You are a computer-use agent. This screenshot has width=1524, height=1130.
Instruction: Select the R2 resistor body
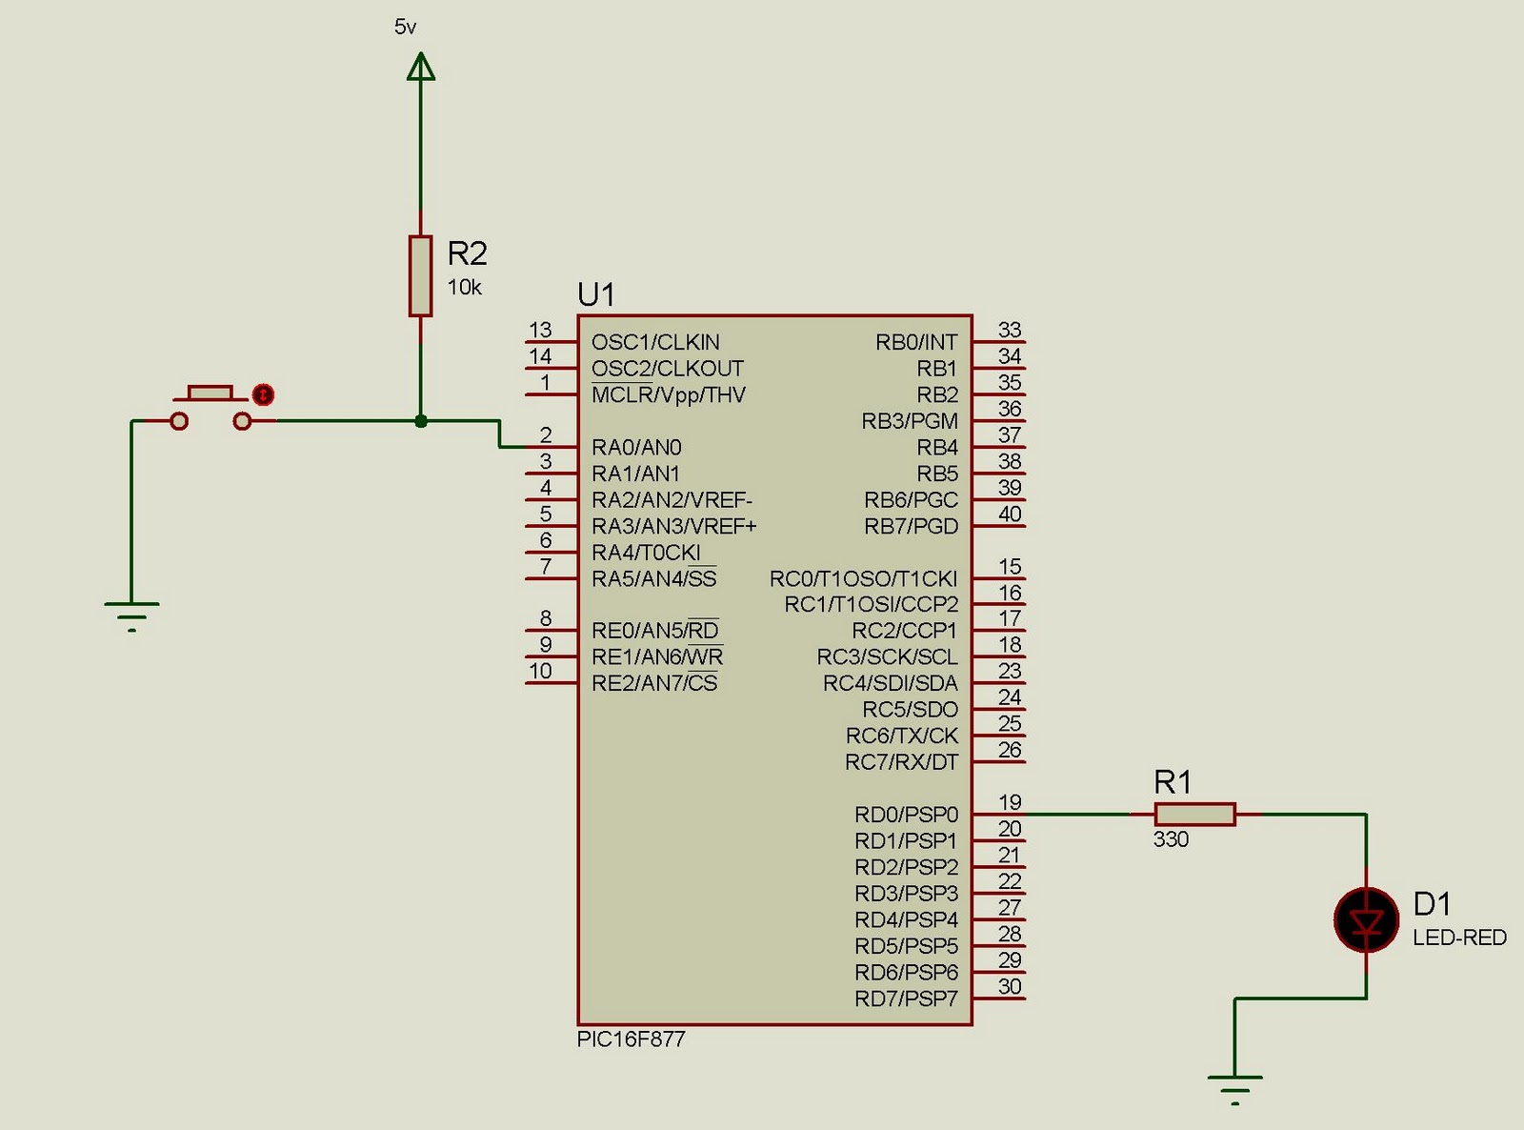[x=420, y=275]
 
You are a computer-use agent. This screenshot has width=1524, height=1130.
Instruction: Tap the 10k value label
[x=465, y=287]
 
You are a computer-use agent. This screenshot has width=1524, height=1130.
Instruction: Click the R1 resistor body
[x=1194, y=814]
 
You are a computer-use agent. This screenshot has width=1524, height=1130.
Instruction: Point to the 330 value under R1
[x=1171, y=839]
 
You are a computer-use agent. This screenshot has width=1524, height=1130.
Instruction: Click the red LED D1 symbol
[x=1366, y=920]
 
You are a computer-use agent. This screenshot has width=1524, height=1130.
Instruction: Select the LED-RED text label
[x=1459, y=938]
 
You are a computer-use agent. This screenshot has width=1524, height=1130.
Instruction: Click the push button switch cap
[x=210, y=393]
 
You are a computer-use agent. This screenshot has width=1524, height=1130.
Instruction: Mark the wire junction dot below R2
[x=421, y=420]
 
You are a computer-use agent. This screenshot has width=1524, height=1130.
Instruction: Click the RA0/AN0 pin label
[x=636, y=447]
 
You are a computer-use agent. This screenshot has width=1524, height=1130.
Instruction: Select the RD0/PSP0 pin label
[x=906, y=815]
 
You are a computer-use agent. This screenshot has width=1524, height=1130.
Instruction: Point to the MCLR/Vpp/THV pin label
[x=668, y=394]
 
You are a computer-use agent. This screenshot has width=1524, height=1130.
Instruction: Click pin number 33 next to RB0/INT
[x=1010, y=330]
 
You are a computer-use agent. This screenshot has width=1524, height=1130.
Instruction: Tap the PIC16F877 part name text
[x=631, y=1039]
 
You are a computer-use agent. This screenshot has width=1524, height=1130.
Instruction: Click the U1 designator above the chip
[x=596, y=295]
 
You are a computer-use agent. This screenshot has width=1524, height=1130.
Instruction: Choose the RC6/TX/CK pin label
[x=901, y=736]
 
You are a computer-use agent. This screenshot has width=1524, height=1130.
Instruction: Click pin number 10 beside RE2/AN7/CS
[x=540, y=671]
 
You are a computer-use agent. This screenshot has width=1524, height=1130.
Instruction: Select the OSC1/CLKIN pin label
[x=655, y=342]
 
